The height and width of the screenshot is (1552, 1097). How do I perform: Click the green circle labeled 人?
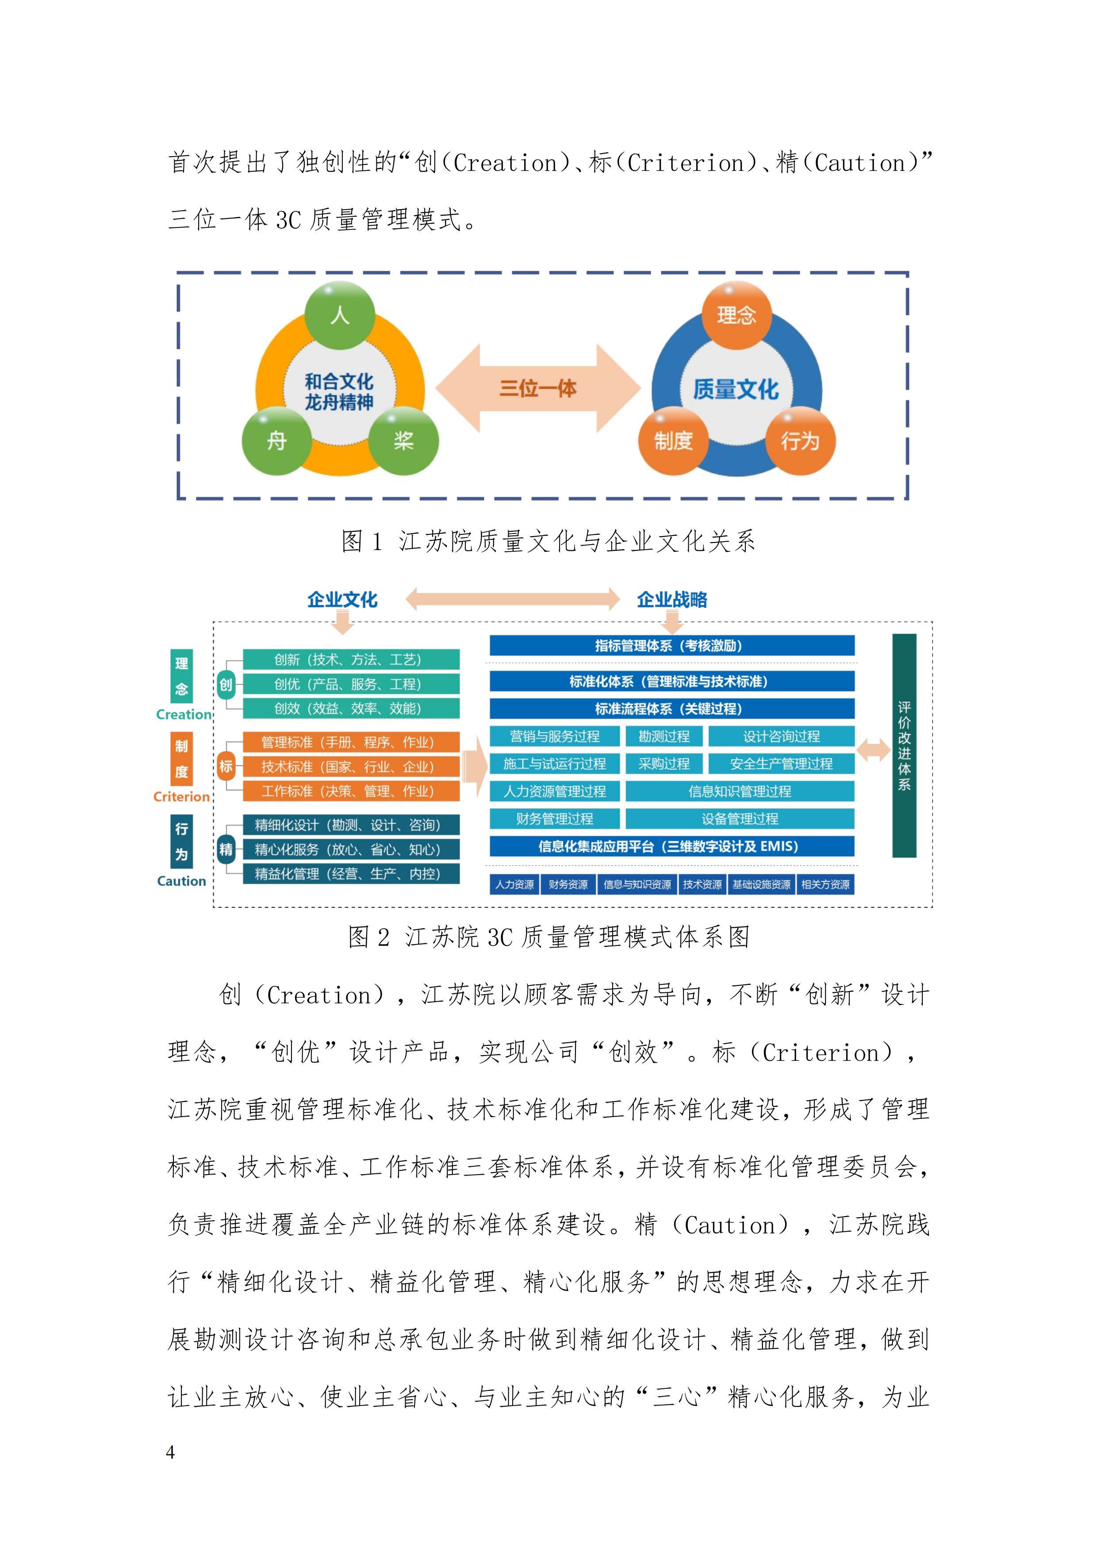(339, 315)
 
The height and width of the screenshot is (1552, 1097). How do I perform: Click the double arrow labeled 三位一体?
(538, 388)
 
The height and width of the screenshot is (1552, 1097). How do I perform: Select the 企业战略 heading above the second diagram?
(672, 599)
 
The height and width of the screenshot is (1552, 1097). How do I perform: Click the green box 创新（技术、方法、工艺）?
(351, 660)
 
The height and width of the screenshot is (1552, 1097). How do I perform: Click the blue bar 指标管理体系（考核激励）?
(672, 645)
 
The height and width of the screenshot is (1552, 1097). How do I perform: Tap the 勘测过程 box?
(664, 736)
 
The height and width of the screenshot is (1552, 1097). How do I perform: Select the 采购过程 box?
(664, 764)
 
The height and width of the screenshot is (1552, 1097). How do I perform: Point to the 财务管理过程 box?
(554, 818)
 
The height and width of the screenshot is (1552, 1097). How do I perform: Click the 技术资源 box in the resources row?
(702, 884)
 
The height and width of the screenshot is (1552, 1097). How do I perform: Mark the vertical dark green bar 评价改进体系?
(905, 745)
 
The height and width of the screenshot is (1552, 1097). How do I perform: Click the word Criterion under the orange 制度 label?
(182, 797)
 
